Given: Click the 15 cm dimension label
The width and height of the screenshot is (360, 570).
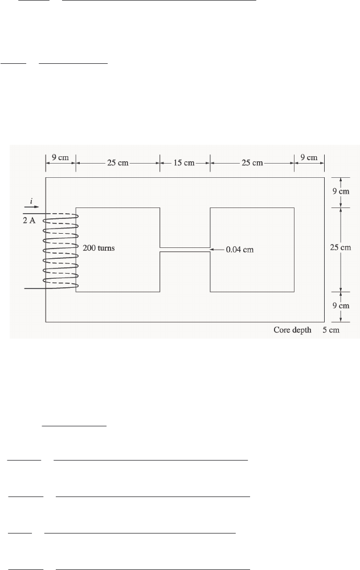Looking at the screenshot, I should click(185, 163).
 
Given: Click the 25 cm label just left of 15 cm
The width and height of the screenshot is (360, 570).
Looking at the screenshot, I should click(118, 163).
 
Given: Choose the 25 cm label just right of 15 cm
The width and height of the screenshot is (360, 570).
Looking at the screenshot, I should click(252, 163).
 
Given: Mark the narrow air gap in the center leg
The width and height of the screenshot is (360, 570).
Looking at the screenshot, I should click(185, 250).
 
